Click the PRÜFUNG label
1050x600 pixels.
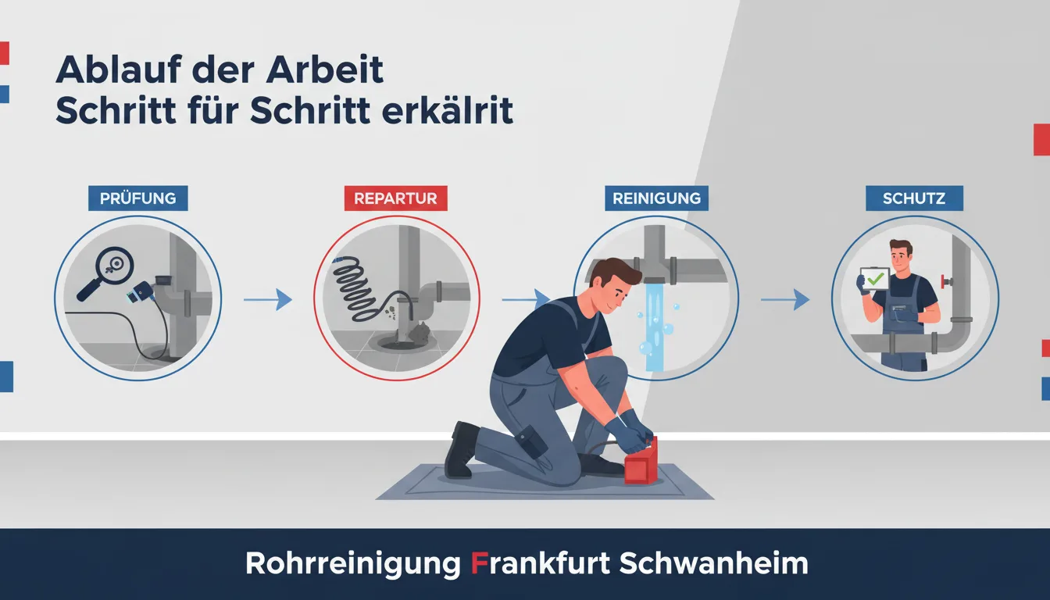pyautogui.click(x=138, y=198)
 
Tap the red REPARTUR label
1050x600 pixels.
pyautogui.click(x=395, y=198)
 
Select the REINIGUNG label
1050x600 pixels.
pyautogui.click(x=657, y=198)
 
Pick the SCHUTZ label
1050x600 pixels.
pyautogui.click(x=914, y=198)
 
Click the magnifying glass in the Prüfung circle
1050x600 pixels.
pyautogui.click(x=109, y=271)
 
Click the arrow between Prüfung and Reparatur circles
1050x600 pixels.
pyautogui.click(x=268, y=299)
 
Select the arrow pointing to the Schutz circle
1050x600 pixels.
pyautogui.click(x=785, y=299)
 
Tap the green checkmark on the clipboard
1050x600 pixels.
pyautogui.click(x=875, y=280)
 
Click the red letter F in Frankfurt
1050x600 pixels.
pyautogui.click(x=480, y=563)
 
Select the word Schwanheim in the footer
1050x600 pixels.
pyautogui.click(x=713, y=563)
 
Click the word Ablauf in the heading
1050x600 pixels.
pyautogui.click(x=119, y=70)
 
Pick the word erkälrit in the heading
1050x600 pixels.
pyautogui.click(x=448, y=111)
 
